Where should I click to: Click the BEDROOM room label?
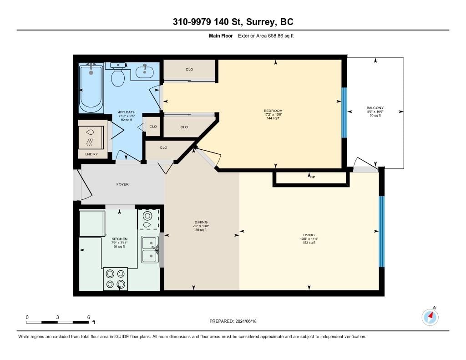click(273, 111)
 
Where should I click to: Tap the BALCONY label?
click(375, 108)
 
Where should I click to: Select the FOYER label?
click(122, 184)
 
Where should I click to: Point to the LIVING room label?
click(309, 235)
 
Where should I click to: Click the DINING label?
click(201, 222)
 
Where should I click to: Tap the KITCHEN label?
click(120, 239)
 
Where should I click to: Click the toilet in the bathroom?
click(118, 74)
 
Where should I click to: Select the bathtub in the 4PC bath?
click(91, 88)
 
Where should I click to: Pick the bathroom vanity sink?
click(145, 71)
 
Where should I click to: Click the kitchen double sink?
click(150, 249)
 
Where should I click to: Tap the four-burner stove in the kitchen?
click(116, 279)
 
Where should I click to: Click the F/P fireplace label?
click(312, 177)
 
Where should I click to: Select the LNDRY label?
click(91, 154)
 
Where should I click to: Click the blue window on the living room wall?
click(382, 232)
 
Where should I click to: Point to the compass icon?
click(430, 317)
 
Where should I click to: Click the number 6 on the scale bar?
click(89, 317)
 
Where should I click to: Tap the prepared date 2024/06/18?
click(246, 321)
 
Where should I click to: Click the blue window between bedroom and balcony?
click(344, 113)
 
